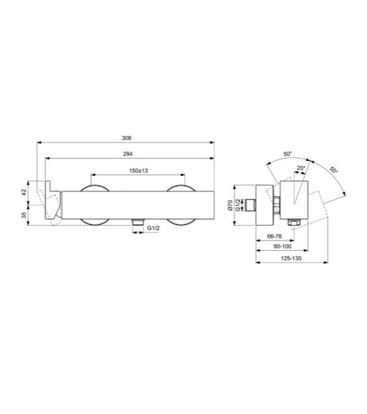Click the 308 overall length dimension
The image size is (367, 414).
point(126,138)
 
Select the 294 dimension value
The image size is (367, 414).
point(128,154)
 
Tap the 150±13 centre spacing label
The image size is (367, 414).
point(138,171)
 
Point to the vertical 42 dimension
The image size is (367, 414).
point(24,192)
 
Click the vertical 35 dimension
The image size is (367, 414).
point(24,215)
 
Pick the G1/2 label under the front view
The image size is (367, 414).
point(153,228)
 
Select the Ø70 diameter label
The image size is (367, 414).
point(230,205)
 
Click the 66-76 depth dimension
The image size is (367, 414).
point(275,236)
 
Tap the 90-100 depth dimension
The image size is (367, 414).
point(283,246)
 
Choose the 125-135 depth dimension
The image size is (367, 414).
point(291,259)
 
